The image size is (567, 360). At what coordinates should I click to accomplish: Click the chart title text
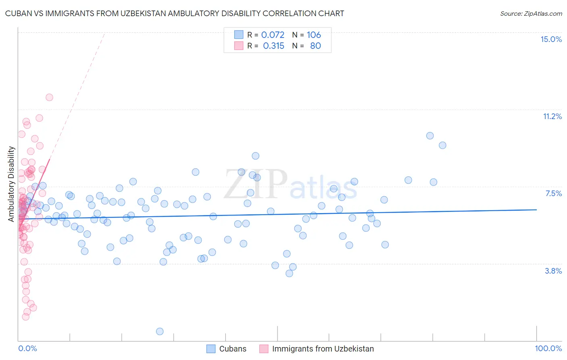point(175,13)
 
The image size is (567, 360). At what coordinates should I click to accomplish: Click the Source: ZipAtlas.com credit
point(531,13)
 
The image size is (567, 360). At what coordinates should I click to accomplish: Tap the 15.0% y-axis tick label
point(551,39)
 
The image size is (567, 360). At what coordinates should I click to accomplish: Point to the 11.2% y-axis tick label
point(552,116)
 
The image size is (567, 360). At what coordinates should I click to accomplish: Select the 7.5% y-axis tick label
point(553,193)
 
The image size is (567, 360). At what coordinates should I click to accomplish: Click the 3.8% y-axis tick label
point(553,271)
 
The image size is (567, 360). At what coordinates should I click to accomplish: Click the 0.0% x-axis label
point(27,348)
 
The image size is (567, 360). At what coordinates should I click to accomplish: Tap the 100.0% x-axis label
point(548,348)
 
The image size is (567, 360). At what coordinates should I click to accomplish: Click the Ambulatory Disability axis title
point(11,184)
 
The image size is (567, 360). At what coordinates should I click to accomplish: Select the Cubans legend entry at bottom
point(232,349)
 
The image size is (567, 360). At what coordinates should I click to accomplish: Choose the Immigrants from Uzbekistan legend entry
point(323,349)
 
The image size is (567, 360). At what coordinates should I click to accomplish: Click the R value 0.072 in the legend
point(273,35)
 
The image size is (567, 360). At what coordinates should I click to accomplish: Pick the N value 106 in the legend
point(314,35)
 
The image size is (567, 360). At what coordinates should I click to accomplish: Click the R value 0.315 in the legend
point(273,46)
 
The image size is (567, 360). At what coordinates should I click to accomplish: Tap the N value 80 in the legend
point(315,46)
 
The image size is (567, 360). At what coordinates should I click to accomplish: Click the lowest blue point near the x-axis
point(160,331)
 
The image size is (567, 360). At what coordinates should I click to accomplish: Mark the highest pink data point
point(49,97)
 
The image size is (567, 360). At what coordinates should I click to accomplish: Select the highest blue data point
point(430,136)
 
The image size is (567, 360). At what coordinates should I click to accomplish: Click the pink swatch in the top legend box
point(239,46)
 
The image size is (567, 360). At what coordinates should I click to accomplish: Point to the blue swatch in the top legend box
point(239,35)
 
